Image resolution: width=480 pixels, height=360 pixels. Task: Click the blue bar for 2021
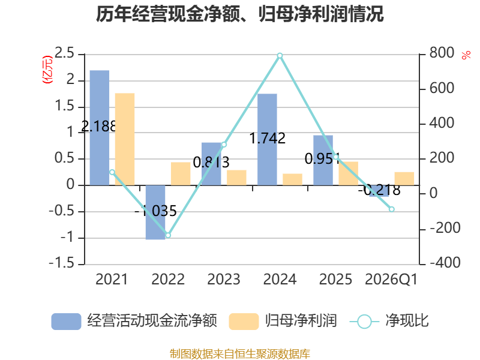coord(100,128)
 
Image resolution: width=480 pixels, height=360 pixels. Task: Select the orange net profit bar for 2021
coord(125,139)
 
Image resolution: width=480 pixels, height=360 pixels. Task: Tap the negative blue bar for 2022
coord(155,212)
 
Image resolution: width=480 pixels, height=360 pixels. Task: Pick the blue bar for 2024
coord(267,139)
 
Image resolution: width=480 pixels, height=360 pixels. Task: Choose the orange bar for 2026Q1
coord(404,178)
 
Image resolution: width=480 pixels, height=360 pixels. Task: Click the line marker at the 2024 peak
coord(280,56)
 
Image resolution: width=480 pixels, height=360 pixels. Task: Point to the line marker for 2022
coord(168,235)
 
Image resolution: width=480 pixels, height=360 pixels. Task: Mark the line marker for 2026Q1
coord(392,209)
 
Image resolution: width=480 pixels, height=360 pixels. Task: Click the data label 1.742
coord(267,138)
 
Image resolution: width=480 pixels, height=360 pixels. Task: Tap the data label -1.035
coord(156,211)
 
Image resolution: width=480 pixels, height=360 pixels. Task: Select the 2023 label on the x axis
coord(224,279)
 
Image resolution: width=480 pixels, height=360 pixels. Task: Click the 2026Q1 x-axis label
coord(391,280)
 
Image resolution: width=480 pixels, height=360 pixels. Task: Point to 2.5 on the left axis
coord(65,53)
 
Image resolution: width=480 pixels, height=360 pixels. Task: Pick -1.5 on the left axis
coord(62,263)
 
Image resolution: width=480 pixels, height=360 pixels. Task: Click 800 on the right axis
coord(442,53)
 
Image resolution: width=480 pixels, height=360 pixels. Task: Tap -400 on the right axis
coord(445,263)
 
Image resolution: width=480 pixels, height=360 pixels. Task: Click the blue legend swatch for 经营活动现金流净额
coord(66,322)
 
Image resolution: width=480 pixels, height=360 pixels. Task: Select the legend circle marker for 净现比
coord(364,322)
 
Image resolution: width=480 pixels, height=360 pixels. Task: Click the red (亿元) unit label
coord(47,70)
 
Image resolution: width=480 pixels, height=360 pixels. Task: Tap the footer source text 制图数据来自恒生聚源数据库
coord(240,354)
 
